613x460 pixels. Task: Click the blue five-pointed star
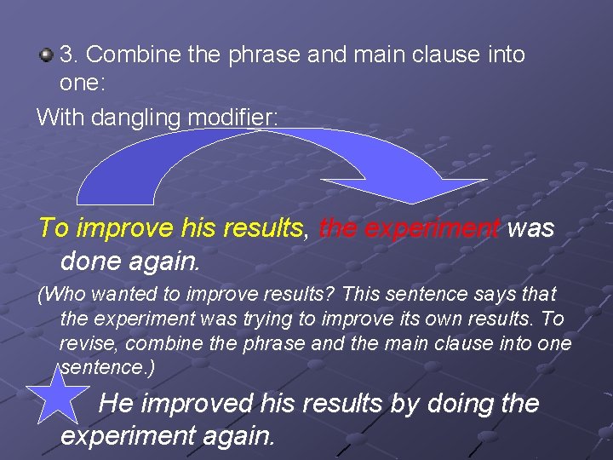point(59,393)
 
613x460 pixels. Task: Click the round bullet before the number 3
point(47,55)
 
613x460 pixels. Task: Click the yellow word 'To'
point(54,228)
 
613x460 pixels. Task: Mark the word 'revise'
point(86,344)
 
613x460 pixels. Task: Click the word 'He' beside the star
point(116,402)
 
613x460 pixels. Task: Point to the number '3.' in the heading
point(70,55)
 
